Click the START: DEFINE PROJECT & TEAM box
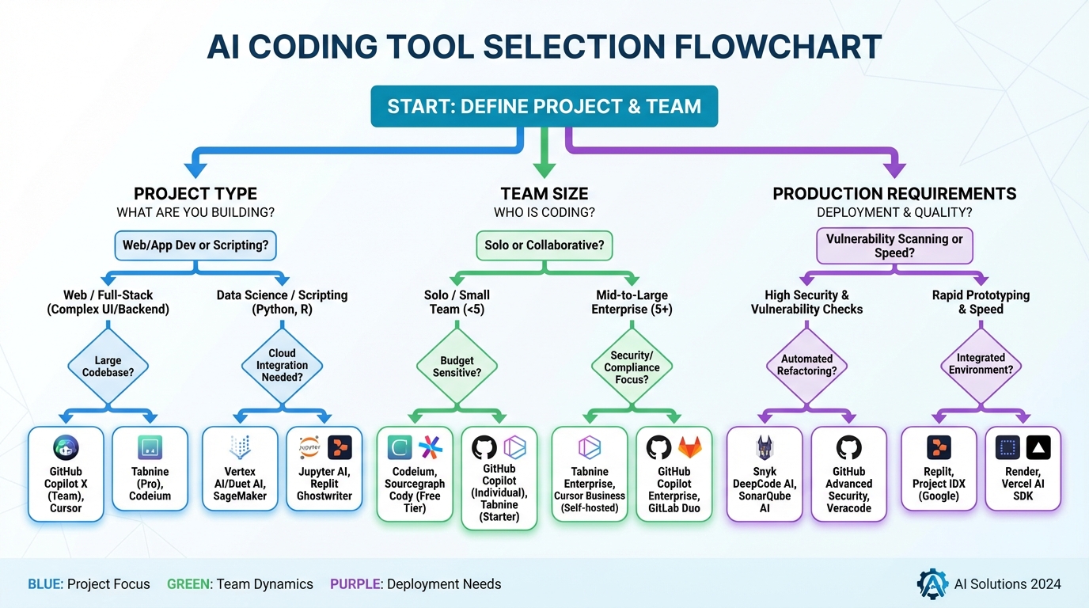tap(544, 106)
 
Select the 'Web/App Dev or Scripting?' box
tap(195, 245)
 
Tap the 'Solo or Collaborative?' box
tap(544, 245)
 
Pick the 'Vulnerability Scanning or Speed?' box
tap(894, 245)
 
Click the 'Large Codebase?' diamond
tap(108, 366)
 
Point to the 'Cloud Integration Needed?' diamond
tap(282, 366)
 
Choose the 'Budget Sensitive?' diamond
tap(457, 366)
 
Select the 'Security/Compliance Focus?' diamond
tap(632, 367)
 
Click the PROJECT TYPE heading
tap(195, 194)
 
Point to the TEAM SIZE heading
tap(544, 194)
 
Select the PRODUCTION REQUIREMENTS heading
tap(894, 194)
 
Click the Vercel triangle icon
tap(1038, 448)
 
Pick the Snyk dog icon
tap(765, 448)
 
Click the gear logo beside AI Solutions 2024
tap(932, 584)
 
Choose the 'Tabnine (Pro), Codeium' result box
tap(150, 473)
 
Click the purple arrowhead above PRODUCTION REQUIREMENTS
tap(894, 168)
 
